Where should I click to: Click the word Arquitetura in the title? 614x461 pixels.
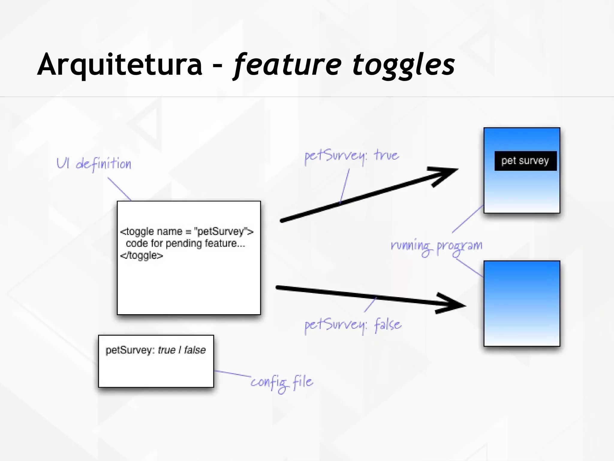[x=120, y=65]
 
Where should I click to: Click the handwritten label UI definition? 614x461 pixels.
[x=94, y=164]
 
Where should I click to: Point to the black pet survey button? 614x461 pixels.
[x=525, y=161]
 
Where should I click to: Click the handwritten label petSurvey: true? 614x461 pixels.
[x=351, y=156]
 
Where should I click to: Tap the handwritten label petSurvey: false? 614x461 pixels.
[x=353, y=325]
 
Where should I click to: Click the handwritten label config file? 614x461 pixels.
[x=282, y=383]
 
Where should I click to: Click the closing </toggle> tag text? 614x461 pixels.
[x=142, y=255]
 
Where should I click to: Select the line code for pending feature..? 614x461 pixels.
[x=185, y=243]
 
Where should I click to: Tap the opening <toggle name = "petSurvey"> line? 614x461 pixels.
[x=186, y=231]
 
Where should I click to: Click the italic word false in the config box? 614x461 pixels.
[x=195, y=350]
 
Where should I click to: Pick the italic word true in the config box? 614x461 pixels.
[x=166, y=350]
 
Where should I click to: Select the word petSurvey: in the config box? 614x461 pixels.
[x=130, y=350]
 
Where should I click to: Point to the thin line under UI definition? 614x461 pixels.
[x=119, y=189]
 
